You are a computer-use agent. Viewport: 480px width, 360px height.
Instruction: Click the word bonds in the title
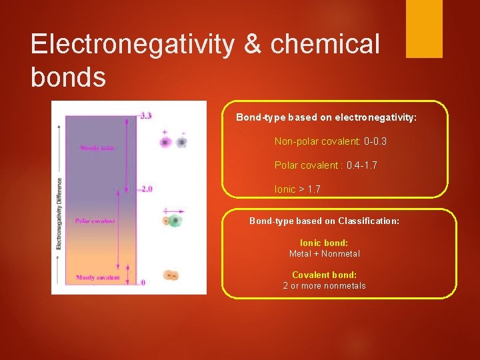coord(68,77)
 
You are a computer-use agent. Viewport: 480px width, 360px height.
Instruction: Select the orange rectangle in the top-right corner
coord(424,29)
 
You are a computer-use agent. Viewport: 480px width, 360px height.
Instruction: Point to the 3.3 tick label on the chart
coord(145,115)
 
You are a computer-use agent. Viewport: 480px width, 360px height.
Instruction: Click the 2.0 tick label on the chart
coord(145,189)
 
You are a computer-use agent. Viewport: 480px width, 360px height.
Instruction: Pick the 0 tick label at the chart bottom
coord(143,283)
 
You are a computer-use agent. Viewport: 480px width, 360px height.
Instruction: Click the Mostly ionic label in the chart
coord(97,148)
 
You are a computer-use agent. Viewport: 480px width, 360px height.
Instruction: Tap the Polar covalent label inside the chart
coord(95,221)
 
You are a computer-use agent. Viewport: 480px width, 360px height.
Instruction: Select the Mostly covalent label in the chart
coord(98,277)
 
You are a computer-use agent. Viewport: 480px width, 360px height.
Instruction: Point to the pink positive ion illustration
coord(165,142)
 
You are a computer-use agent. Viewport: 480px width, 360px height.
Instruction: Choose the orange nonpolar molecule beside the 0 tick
coord(171,275)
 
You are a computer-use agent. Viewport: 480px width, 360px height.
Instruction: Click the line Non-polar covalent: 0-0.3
coord(331,141)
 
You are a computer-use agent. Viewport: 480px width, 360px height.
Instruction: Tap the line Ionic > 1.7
coord(297,189)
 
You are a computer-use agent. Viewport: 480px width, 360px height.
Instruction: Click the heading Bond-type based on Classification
coord(324,221)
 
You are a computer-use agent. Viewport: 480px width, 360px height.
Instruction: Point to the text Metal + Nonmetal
coord(324,253)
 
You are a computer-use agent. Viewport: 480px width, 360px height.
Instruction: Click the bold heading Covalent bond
coord(324,275)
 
